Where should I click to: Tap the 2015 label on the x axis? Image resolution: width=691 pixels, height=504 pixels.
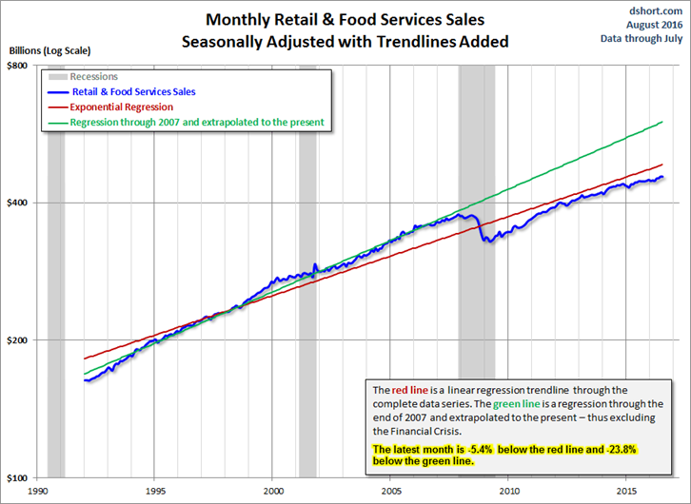pyautogui.click(x=625, y=491)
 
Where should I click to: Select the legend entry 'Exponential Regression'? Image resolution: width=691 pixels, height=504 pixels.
pyautogui.click(x=122, y=107)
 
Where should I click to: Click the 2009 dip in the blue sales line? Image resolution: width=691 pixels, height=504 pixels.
pyautogui.click(x=488, y=241)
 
